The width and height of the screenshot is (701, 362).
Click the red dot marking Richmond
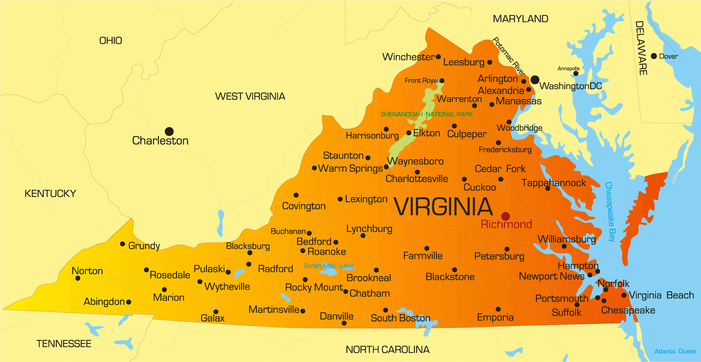[505, 216]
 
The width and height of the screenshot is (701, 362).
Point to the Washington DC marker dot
[535, 80]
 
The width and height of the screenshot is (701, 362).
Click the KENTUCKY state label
[50, 194]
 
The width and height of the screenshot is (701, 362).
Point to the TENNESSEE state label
[64, 344]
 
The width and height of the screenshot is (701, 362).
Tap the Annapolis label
[568, 69]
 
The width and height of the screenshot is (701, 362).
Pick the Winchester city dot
[438, 57]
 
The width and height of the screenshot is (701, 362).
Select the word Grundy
[144, 246]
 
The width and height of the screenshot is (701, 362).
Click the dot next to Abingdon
[129, 302]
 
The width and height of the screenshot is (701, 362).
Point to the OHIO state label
[110, 41]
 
